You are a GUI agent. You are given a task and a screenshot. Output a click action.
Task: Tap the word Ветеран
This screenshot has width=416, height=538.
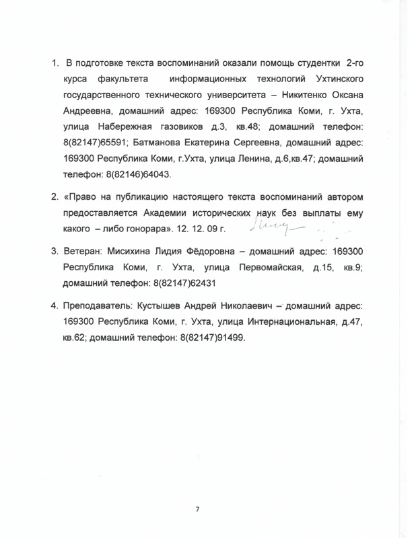click(83, 254)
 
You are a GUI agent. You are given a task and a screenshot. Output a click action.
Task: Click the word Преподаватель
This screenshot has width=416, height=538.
click(100, 307)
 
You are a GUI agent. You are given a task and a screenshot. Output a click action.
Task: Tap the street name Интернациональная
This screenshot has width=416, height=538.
click(275, 323)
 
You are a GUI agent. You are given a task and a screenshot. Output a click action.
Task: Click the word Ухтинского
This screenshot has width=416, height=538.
click(333, 79)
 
